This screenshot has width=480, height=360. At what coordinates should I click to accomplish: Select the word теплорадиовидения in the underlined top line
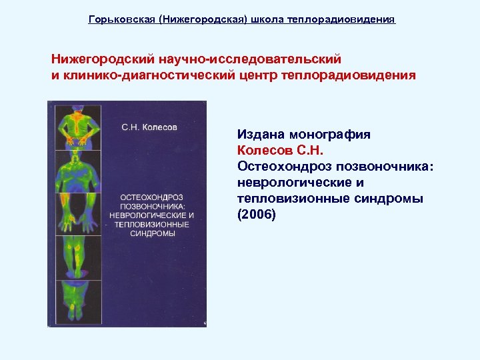tap(341, 20)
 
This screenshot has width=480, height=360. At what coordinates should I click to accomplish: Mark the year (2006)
tap(255, 215)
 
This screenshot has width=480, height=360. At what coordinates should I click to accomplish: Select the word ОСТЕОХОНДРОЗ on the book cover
tap(152, 197)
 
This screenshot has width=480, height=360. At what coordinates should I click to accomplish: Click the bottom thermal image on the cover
tap(75, 300)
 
